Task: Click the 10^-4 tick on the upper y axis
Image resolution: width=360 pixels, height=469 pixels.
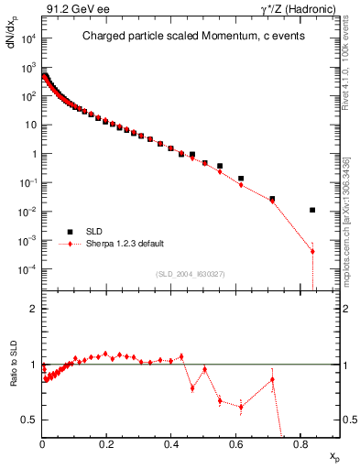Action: [x=26, y=269]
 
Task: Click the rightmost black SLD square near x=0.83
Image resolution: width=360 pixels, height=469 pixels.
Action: [x=312, y=210]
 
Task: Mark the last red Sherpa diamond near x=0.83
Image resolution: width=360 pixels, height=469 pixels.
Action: [x=312, y=252]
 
